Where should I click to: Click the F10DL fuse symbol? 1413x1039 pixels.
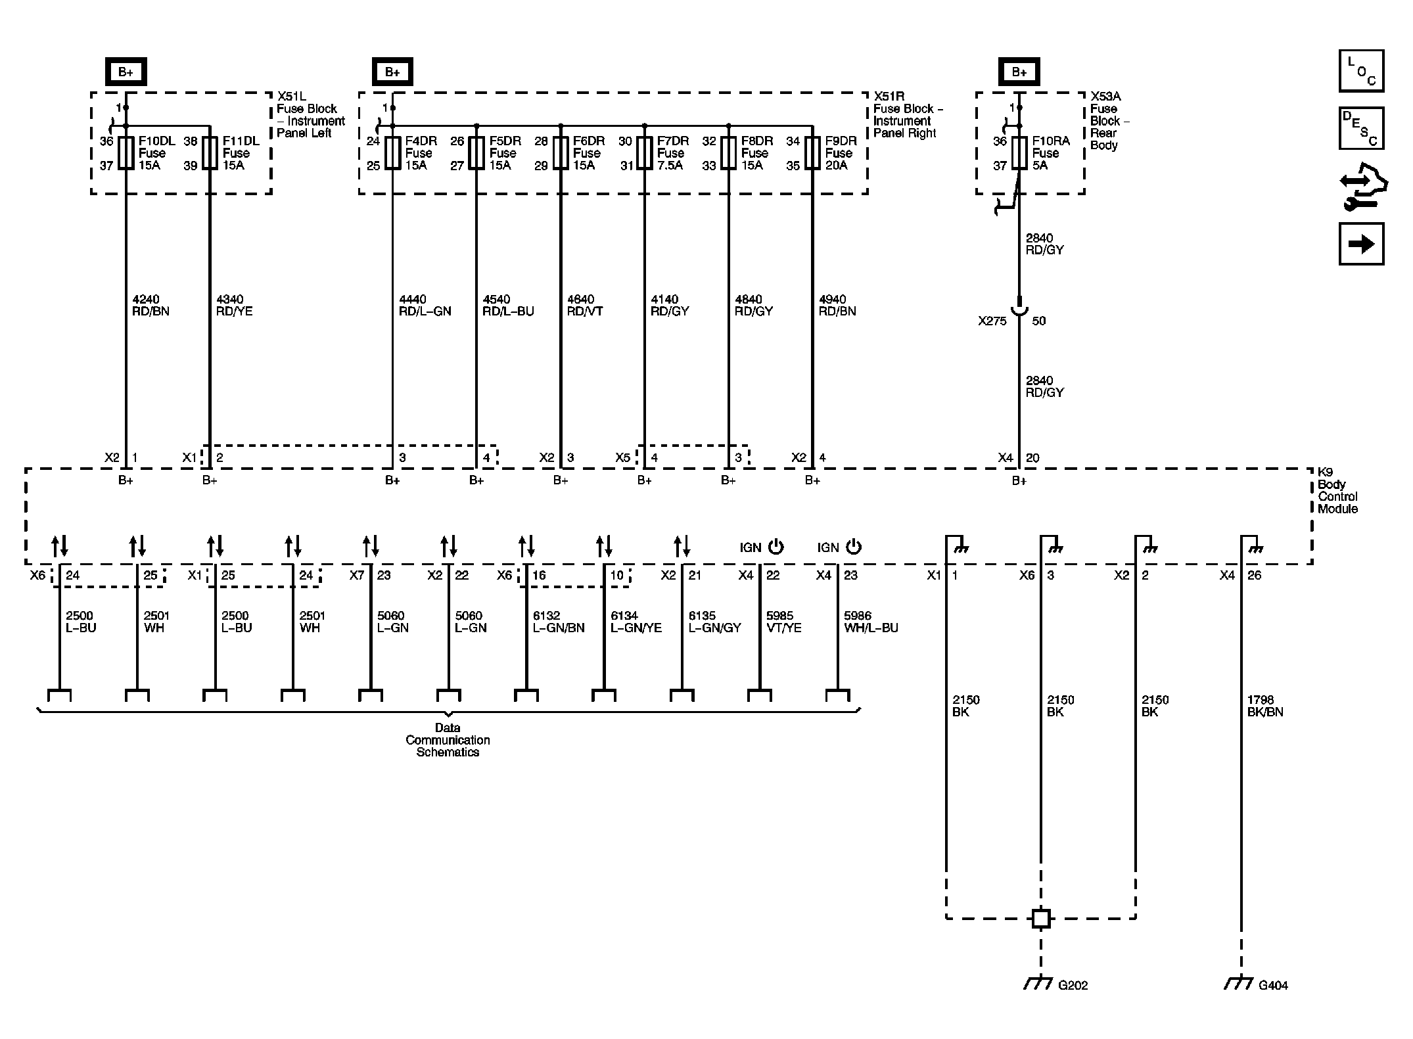[x=126, y=153]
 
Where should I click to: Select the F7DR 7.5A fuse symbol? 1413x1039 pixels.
[x=645, y=153]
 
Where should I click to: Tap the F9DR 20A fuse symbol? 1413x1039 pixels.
[x=813, y=153]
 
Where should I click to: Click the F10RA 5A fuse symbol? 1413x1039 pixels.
[x=1019, y=153]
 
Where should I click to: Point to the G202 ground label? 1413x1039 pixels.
[x=1073, y=1004]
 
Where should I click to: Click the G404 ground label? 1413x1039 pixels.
[x=1273, y=1004]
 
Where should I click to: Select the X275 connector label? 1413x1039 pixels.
[x=992, y=321]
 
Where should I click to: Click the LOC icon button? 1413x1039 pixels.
[x=1361, y=71]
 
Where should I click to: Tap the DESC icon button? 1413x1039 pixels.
[x=1361, y=129]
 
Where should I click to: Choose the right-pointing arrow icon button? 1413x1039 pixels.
[x=1361, y=244]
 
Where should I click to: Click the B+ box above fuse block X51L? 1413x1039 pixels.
[x=126, y=72]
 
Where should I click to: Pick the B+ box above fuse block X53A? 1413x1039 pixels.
[x=1019, y=72]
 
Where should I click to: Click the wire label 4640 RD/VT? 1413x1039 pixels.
[x=585, y=306]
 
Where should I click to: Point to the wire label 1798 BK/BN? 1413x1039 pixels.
[x=1265, y=706]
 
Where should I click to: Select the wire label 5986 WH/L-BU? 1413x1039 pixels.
[x=871, y=622]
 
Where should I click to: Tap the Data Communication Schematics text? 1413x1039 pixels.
[x=448, y=740]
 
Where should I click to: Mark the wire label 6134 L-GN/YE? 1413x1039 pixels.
[x=636, y=622]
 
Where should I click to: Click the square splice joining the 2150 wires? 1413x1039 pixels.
[x=1040, y=918]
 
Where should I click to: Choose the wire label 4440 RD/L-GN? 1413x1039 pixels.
[x=425, y=306]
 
